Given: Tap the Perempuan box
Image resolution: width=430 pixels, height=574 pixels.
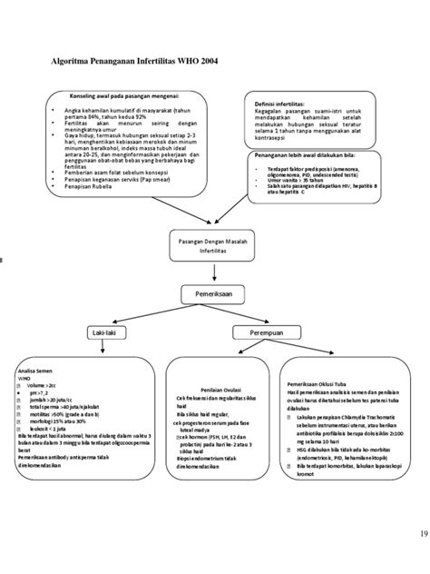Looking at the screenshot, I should [270, 335].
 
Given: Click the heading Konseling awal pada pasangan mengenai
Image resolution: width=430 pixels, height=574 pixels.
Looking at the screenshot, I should [125, 95].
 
